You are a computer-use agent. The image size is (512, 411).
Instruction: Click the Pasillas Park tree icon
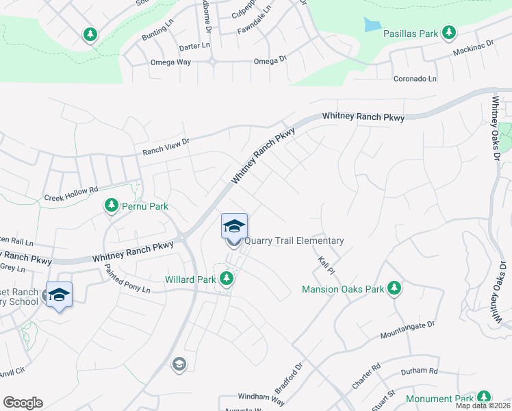point(449,32)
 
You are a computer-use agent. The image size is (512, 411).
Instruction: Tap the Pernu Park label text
point(145,206)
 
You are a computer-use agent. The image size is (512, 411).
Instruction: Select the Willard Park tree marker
point(227,279)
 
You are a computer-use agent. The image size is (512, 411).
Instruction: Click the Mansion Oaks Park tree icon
point(394,288)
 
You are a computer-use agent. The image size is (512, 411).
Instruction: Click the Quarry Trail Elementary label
point(294,240)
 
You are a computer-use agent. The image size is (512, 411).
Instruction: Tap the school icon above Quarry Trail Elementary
point(233,226)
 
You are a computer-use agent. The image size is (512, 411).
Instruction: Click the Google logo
point(23,403)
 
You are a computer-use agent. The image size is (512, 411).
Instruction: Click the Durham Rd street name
point(418,371)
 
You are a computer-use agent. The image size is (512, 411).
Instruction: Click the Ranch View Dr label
point(165,146)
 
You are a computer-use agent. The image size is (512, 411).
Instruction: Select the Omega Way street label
point(170,62)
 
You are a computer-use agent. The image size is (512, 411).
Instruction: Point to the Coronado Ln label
point(415,79)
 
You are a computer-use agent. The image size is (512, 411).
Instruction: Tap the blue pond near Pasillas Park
point(372,25)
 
